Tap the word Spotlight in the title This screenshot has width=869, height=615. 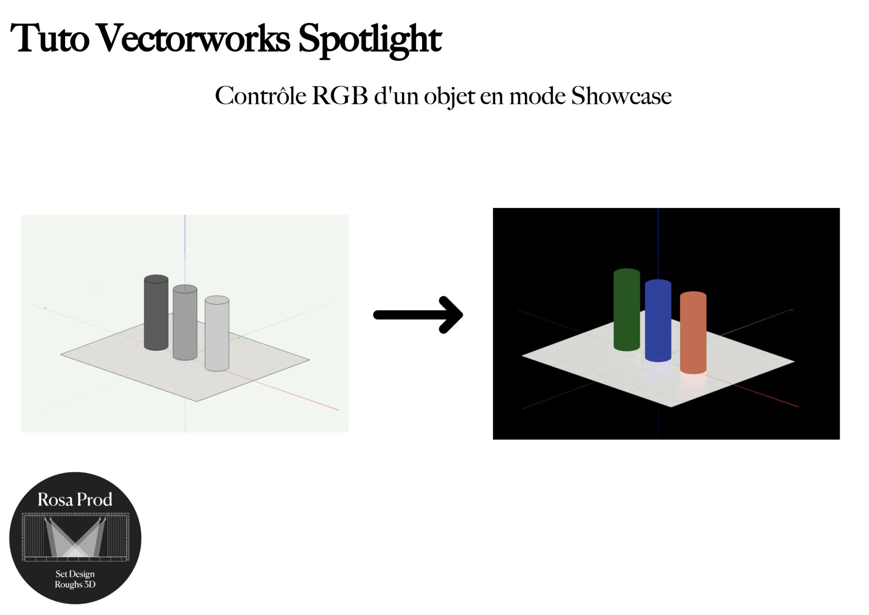(x=369, y=39)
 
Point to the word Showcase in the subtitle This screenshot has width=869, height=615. (x=621, y=96)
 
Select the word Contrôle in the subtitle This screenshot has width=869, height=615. (x=260, y=96)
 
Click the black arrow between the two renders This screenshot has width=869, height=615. (x=419, y=315)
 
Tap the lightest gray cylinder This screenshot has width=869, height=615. (x=216, y=334)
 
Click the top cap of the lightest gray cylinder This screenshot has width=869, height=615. (x=216, y=300)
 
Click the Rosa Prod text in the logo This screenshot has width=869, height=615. (x=75, y=499)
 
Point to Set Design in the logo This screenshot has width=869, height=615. (x=75, y=574)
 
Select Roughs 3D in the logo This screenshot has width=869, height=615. (x=75, y=585)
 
